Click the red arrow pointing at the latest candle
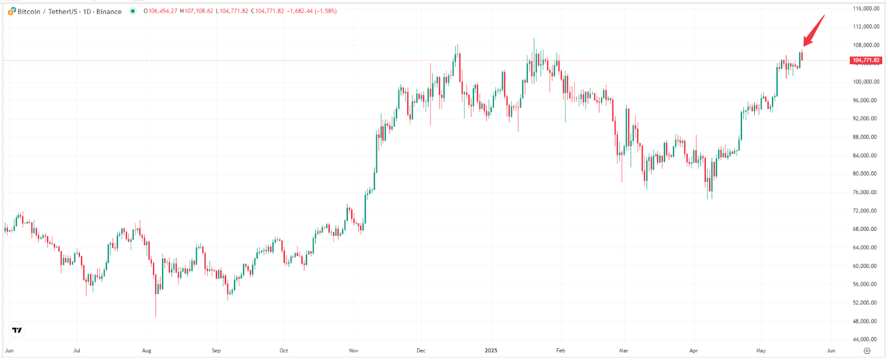pyautogui.click(x=814, y=31)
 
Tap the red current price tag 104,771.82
pyautogui.click(x=866, y=60)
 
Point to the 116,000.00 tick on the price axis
pyautogui.click(x=866, y=9)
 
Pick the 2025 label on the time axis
pyautogui.click(x=491, y=351)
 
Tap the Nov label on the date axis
pyautogui.click(x=354, y=351)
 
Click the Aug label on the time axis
pyautogui.click(x=147, y=351)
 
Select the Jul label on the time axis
pyautogui.click(x=77, y=351)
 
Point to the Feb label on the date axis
pyautogui.click(x=561, y=351)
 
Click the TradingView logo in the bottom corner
pyautogui.click(x=17, y=330)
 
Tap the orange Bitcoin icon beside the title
pyautogui.click(x=12, y=11)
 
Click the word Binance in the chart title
pyautogui.click(x=109, y=12)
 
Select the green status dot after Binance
pyautogui.click(x=133, y=11)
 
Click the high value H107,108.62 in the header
pyautogui.click(x=196, y=11)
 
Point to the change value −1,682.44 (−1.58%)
pyautogui.click(x=311, y=11)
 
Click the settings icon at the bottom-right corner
pyautogui.click(x=867, y=351)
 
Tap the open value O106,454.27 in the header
pyautogui.click(x=160, y=11)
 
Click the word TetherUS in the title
pyautogui.click(x=63, y=12)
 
